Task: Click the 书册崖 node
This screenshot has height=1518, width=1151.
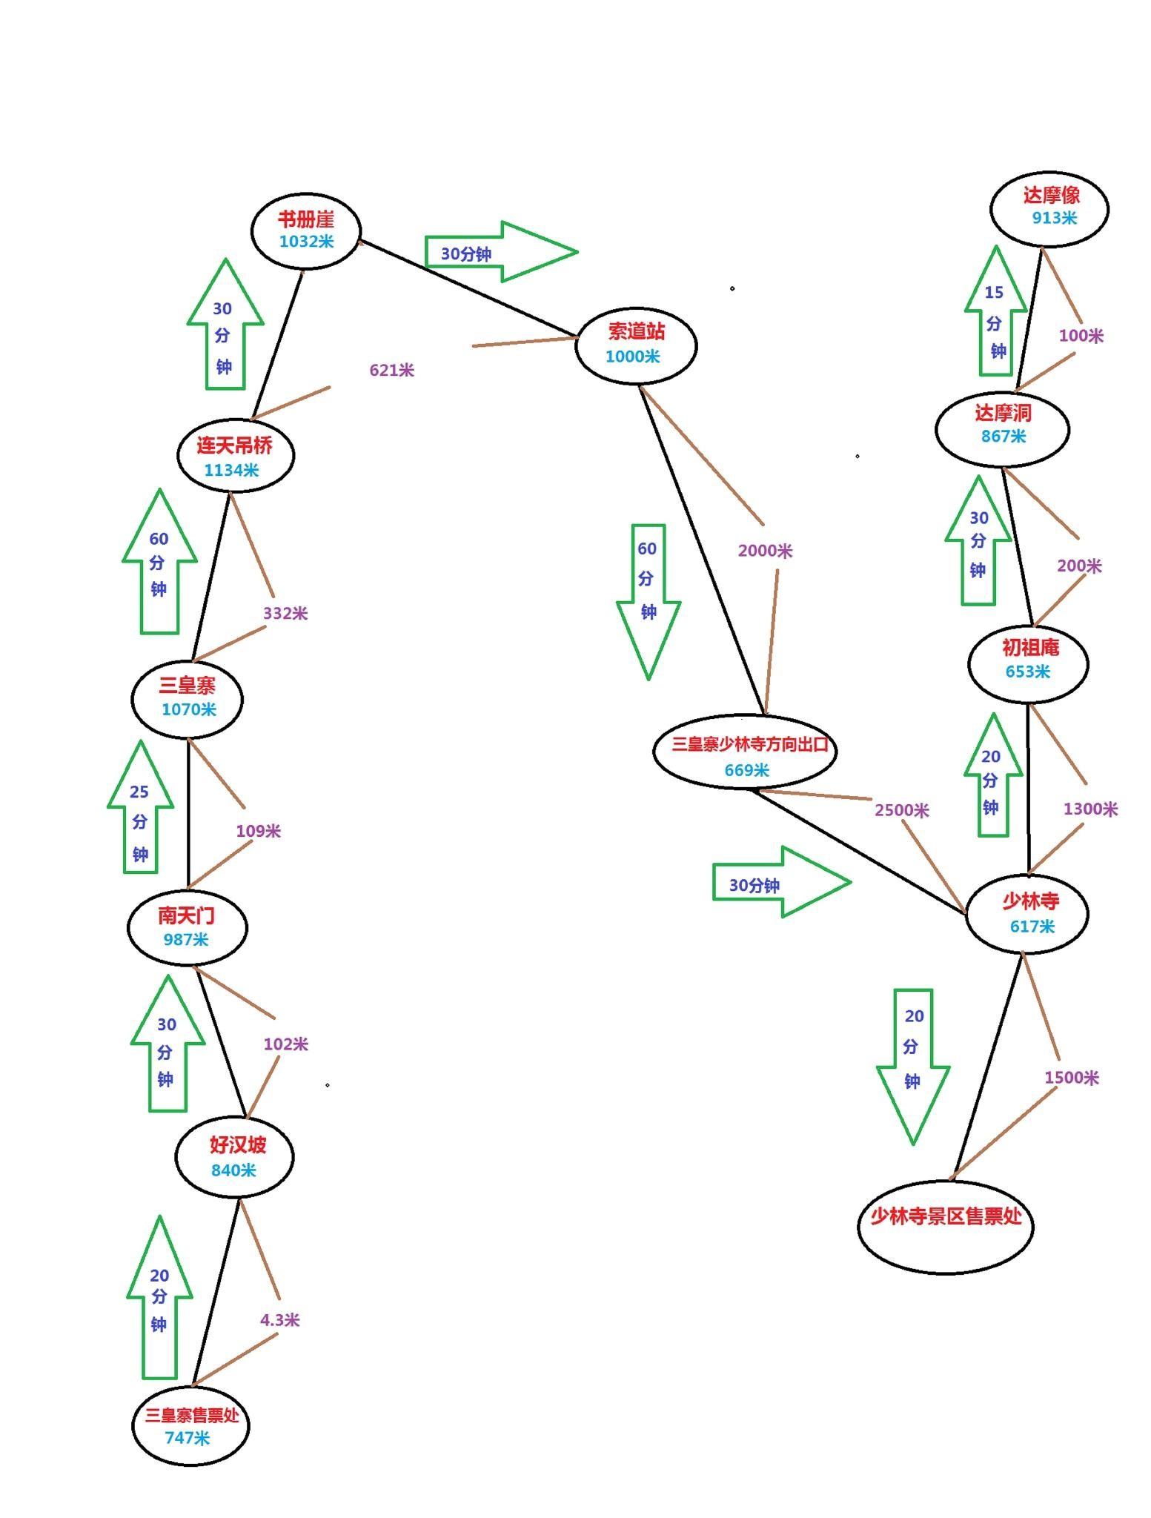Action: (306, 231)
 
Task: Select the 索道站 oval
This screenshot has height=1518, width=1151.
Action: (636, 345)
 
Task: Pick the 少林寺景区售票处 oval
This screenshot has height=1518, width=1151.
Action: (945, 1226)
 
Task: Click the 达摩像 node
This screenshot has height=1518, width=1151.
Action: (1049, 208)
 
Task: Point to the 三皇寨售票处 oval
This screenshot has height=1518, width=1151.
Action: (190, 1425)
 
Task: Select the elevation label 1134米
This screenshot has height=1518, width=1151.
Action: (231, 470)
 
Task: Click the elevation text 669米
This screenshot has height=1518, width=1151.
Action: (746, 770)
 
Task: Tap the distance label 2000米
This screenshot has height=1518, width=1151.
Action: (765, 551)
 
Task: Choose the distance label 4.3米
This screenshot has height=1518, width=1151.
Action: (279, 1320)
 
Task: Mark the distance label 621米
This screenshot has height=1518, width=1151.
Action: (391, 370)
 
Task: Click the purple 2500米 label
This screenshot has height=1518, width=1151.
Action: (901, 810)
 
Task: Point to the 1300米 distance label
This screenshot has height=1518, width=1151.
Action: (1089, 809)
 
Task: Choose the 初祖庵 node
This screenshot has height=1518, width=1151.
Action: (1028, 662)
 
